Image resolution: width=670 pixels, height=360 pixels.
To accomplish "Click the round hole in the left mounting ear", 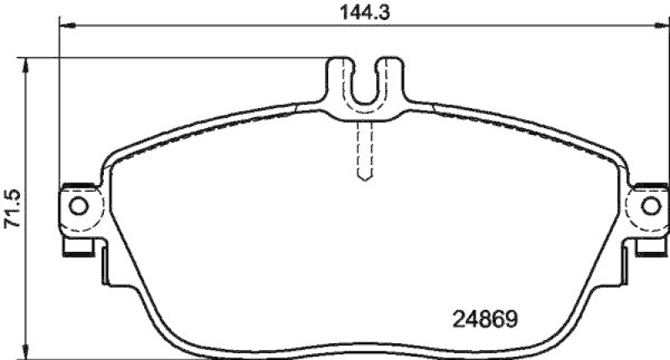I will click(x=78, y=206).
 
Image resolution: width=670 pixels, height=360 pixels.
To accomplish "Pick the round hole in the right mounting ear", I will click(x=649, y=206).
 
